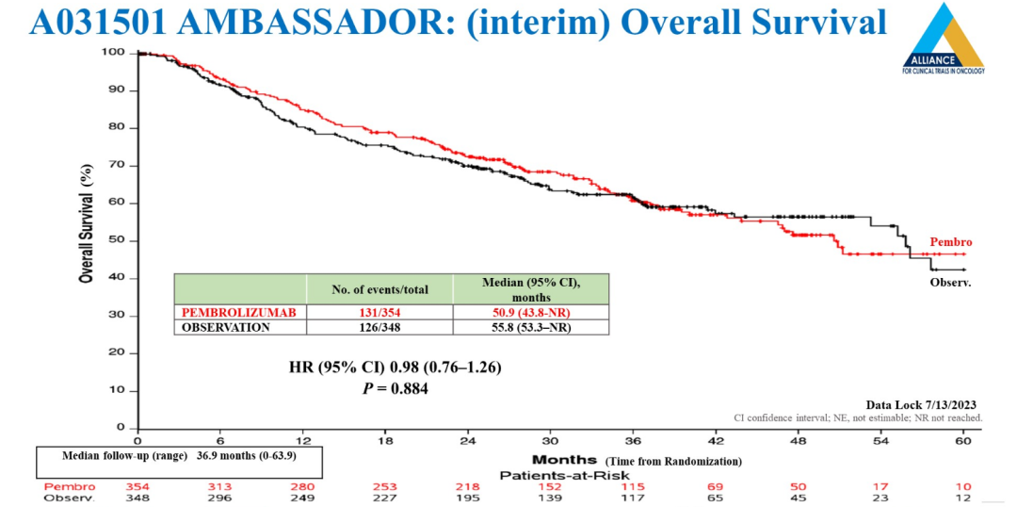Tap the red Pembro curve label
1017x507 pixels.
click(950, 242)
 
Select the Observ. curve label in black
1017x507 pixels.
click(950, 282)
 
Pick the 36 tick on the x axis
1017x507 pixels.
click(633, 441)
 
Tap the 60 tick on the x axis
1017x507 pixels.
click(963, 441)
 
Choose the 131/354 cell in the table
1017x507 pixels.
click(380, 312)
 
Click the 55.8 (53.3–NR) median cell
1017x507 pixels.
click(532, 327)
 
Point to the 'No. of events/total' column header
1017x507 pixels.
click(380, 289)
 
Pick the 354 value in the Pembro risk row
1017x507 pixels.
click(137, 486)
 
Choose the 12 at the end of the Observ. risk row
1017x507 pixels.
click(962, 498)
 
